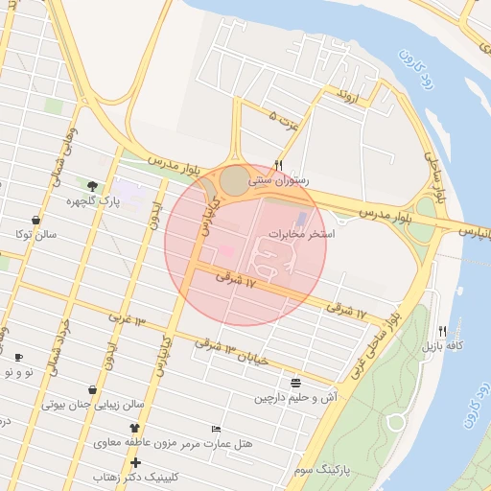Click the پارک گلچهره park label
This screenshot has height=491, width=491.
83,202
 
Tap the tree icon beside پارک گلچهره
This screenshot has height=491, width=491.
92,186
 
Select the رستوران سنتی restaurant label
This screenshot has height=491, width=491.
277,179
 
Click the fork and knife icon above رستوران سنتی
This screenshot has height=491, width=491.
278,165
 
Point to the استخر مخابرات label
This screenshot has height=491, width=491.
300,233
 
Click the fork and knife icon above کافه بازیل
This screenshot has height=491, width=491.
442,330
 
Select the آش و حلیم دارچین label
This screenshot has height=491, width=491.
293,397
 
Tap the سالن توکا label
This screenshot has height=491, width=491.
36,234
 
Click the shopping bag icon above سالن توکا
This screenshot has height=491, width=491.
35,220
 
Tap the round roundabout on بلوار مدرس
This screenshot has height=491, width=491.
234,180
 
